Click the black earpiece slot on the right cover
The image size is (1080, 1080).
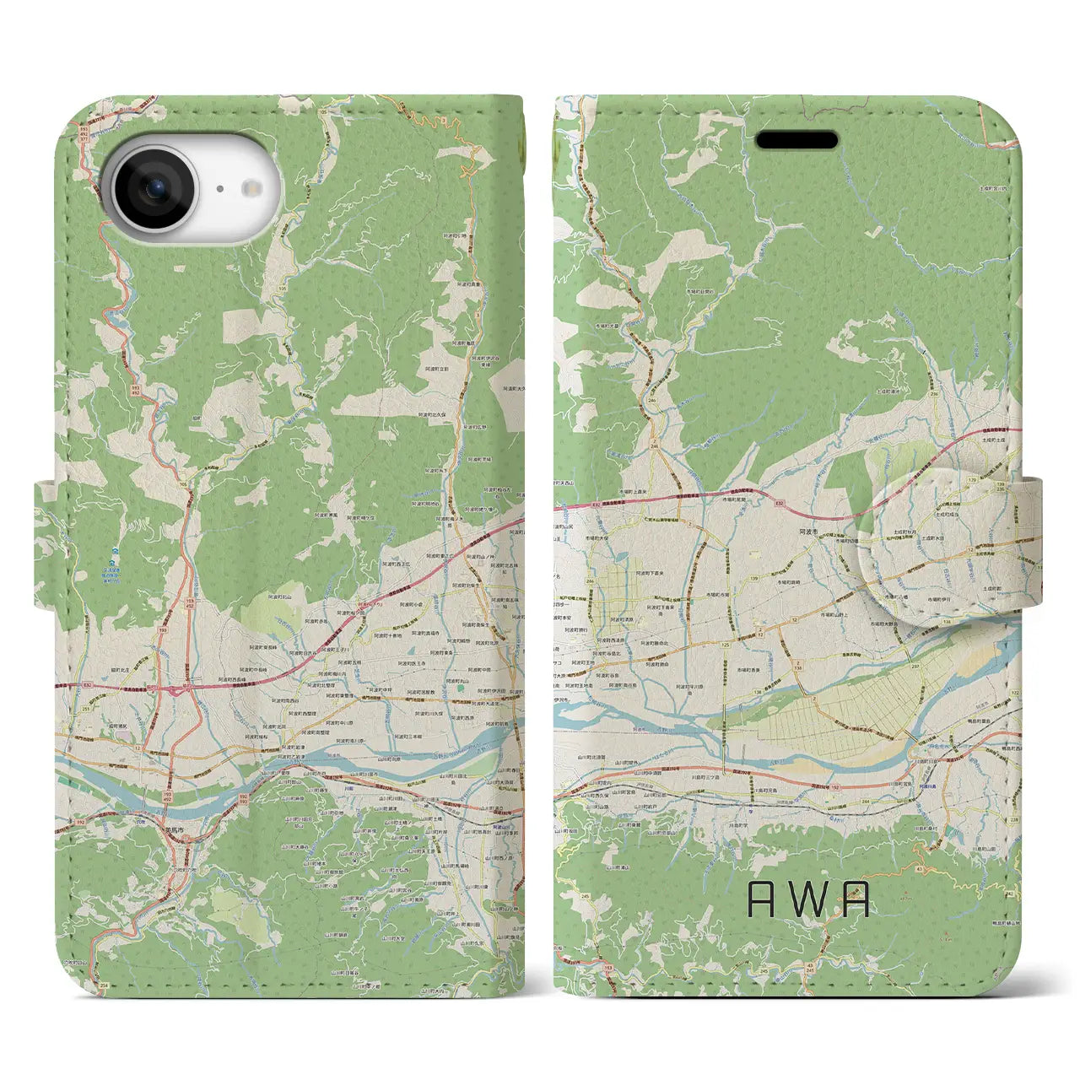coord(796,140)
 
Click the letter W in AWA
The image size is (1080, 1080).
coord(808,901)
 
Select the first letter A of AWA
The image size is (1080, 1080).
coord(762,901)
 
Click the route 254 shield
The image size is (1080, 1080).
coord(102,985)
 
